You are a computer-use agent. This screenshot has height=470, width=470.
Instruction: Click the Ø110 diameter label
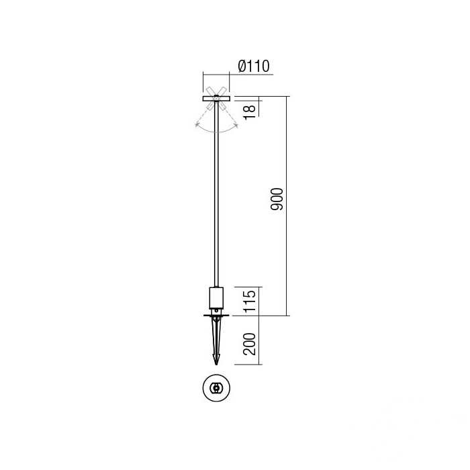[x=254, y=66]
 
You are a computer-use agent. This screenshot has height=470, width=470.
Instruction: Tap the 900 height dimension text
[x=277, y=199]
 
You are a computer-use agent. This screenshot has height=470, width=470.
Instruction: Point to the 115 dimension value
[x=250, y=301]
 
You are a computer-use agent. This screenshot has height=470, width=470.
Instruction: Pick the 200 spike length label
[x=250, y=344]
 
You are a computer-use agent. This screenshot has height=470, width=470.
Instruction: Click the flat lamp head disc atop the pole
[x=216, y=98]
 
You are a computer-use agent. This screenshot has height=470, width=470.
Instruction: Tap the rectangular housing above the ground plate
[x=216, y=298]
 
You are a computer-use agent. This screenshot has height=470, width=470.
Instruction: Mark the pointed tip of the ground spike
[x=216, y=365]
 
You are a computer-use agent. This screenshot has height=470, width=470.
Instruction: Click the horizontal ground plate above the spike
[x=216, y=315]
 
